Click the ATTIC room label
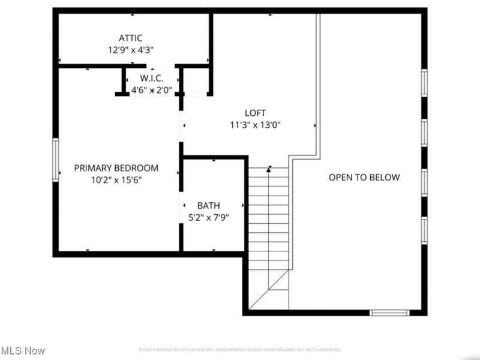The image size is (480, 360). [130, 38]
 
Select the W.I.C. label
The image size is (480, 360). [152, 79]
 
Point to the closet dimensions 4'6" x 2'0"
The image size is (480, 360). [152, 91]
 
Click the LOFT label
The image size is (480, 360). [255, 113]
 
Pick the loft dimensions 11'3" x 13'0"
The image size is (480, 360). [255, 125]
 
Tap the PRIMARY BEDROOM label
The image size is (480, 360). [116, 168]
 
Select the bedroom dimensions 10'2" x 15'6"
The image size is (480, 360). [116, 179]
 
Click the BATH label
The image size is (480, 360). [209, 206]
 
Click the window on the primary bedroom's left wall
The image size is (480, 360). [56, 159]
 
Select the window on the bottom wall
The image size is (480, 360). [389, 313]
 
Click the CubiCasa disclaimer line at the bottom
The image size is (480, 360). [239, 350]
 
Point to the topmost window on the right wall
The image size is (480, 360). [424, 83]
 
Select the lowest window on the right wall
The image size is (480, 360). [424, 230]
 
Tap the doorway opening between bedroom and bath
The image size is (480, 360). [181, 205]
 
